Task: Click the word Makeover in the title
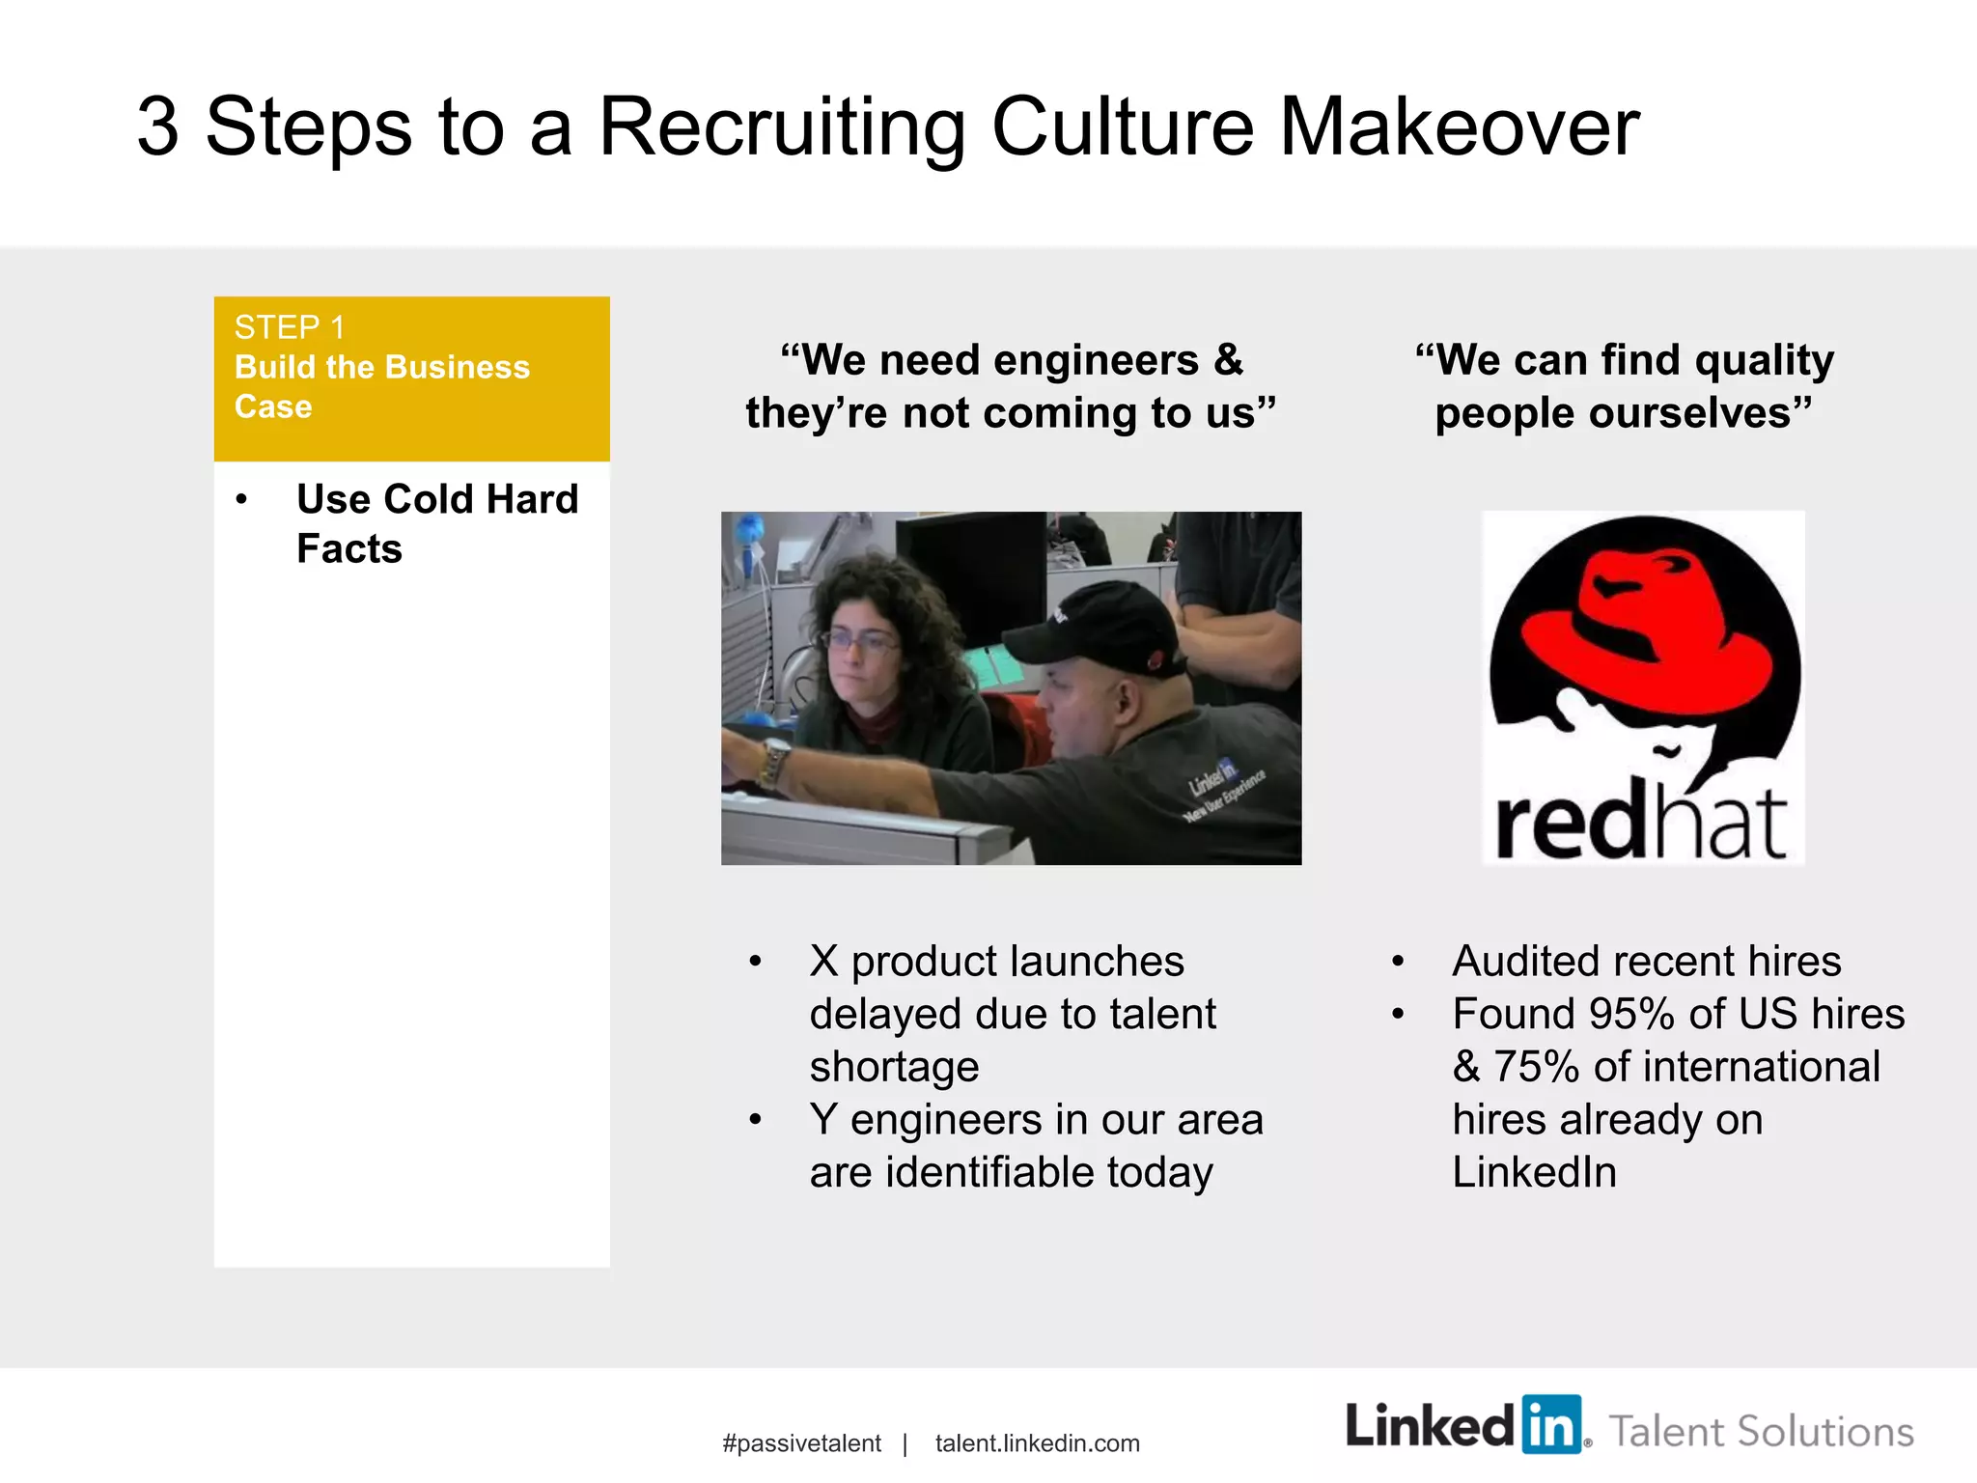click(1459, 127)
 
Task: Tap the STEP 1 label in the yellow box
click(289, 328)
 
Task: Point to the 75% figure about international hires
click(1536, 1067)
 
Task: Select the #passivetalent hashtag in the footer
click(801, 1443)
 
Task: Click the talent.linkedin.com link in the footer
click(1037, 1443)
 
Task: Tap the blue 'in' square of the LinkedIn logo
click(1551, 1425)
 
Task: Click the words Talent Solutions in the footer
click(1761, 1431)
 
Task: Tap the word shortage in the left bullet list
click(894, 1067)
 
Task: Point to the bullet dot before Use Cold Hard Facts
click(241, 500)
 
